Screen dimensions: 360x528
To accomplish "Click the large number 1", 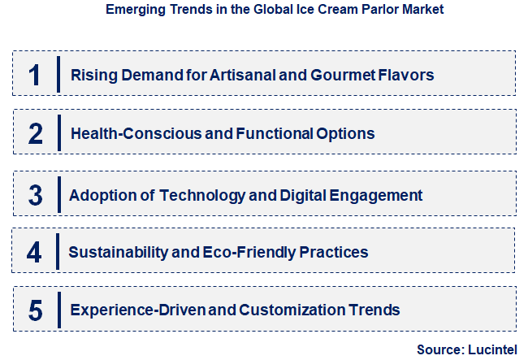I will coord(34,75).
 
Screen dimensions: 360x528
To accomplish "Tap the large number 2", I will coord(35,133).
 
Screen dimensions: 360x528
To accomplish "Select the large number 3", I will coord(35,195).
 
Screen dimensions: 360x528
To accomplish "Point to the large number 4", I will coord(34,252).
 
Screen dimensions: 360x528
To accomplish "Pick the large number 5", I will coord(35,310).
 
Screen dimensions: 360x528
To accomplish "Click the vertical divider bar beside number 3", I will coord(58,195).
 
